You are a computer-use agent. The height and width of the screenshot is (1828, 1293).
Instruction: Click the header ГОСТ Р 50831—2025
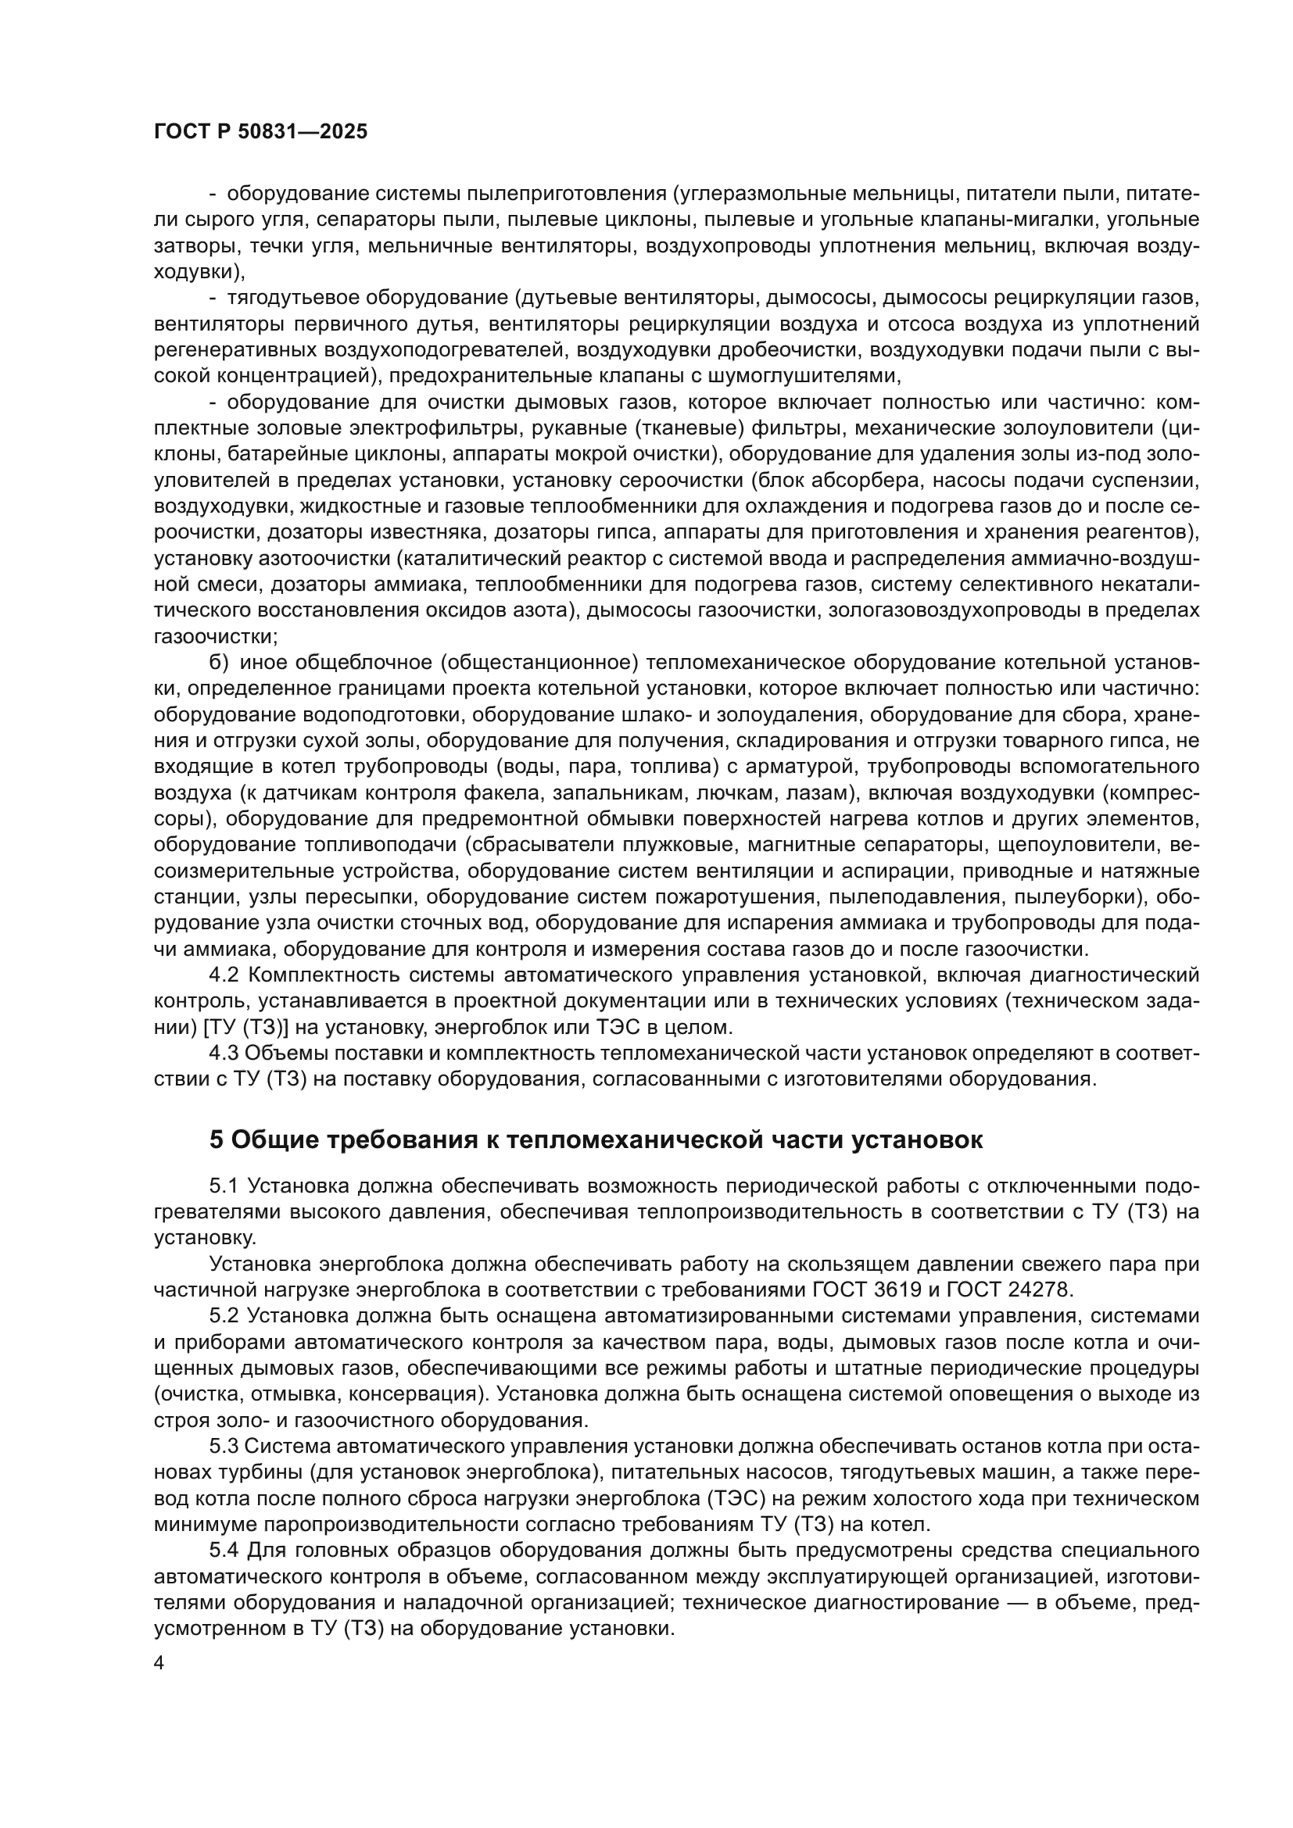(260, 132)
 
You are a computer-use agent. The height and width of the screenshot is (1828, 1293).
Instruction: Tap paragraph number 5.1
(224, 1186)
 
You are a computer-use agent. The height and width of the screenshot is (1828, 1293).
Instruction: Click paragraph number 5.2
(224, 1317)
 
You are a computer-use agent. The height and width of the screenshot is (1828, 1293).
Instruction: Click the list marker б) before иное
(218, 663)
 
